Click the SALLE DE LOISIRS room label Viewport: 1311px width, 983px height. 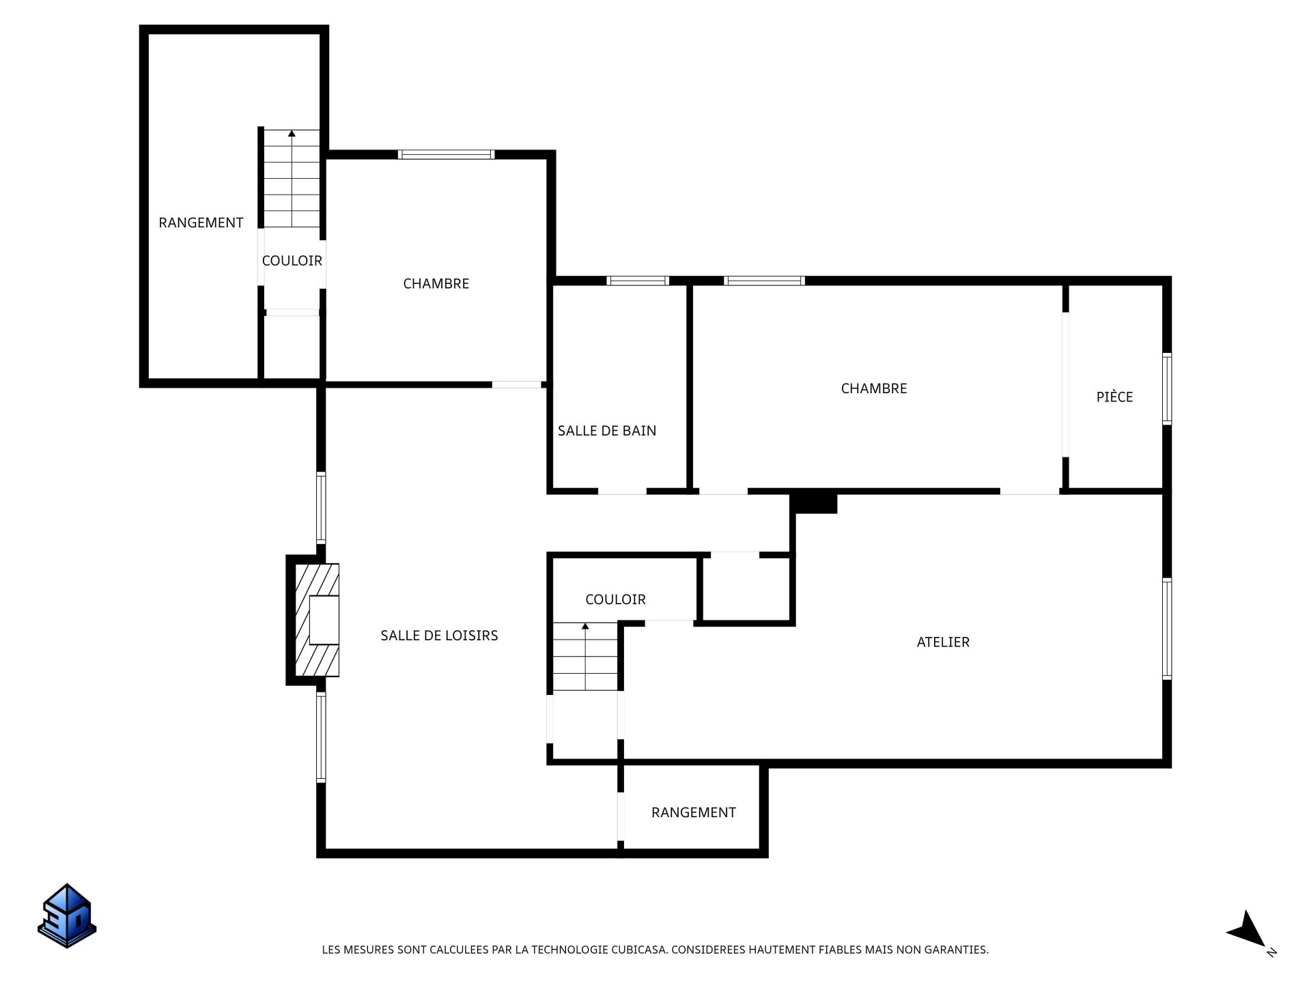[439, 636]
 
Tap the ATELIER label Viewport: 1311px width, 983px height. [943, 642]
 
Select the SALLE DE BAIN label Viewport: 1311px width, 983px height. [607, 431]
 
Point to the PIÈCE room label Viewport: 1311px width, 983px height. [1114, 397]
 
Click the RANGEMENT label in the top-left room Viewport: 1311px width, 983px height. [201, 223]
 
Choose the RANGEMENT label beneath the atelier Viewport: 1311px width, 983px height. [694, 812]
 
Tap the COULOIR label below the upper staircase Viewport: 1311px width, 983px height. [292, 261]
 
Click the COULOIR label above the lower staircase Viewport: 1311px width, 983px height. [615, 599]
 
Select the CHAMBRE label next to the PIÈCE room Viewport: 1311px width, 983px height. [874, 388]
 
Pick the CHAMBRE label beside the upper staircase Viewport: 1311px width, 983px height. [436, 284]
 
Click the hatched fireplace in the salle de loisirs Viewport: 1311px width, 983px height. [317, 620]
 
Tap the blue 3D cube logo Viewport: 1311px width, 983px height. [67, 915]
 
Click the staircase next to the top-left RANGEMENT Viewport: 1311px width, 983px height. [292, 178]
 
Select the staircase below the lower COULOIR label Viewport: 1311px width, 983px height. [585, 656]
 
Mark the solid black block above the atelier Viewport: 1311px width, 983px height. [814, 503]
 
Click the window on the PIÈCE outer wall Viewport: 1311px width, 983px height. [1167, 388]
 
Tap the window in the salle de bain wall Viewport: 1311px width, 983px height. [638, 281]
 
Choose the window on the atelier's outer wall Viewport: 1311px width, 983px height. [1167, 629]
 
